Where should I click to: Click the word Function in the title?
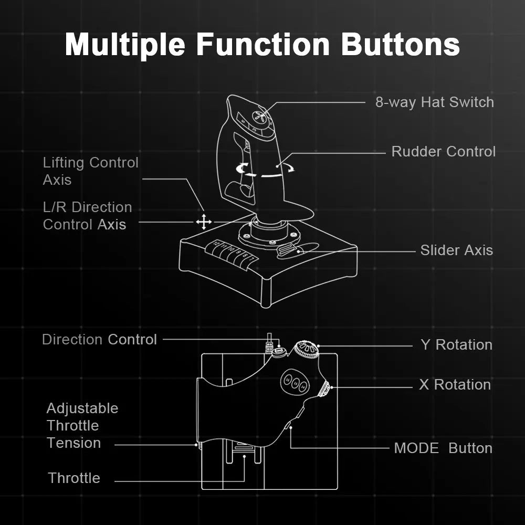click(262, 44)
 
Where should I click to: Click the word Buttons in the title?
click(401, 44)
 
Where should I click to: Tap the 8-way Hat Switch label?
click(434, 102)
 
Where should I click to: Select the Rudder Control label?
click(443, 152)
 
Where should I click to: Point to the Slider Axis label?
click(456, 250)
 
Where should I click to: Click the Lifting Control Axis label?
click(90, 171)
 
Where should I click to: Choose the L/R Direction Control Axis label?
click(87, 216)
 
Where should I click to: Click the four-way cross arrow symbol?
click(204, 222)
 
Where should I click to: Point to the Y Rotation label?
click(456, 345)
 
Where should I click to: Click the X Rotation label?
click(455, 385)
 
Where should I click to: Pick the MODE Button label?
click(443, 448)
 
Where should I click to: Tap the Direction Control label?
click(99, 340)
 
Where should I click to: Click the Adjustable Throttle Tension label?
click(81, 426)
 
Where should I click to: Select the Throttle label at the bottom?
click(74, 478)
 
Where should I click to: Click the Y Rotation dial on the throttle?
click(306, 349)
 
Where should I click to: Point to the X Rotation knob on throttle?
click(325, 388)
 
